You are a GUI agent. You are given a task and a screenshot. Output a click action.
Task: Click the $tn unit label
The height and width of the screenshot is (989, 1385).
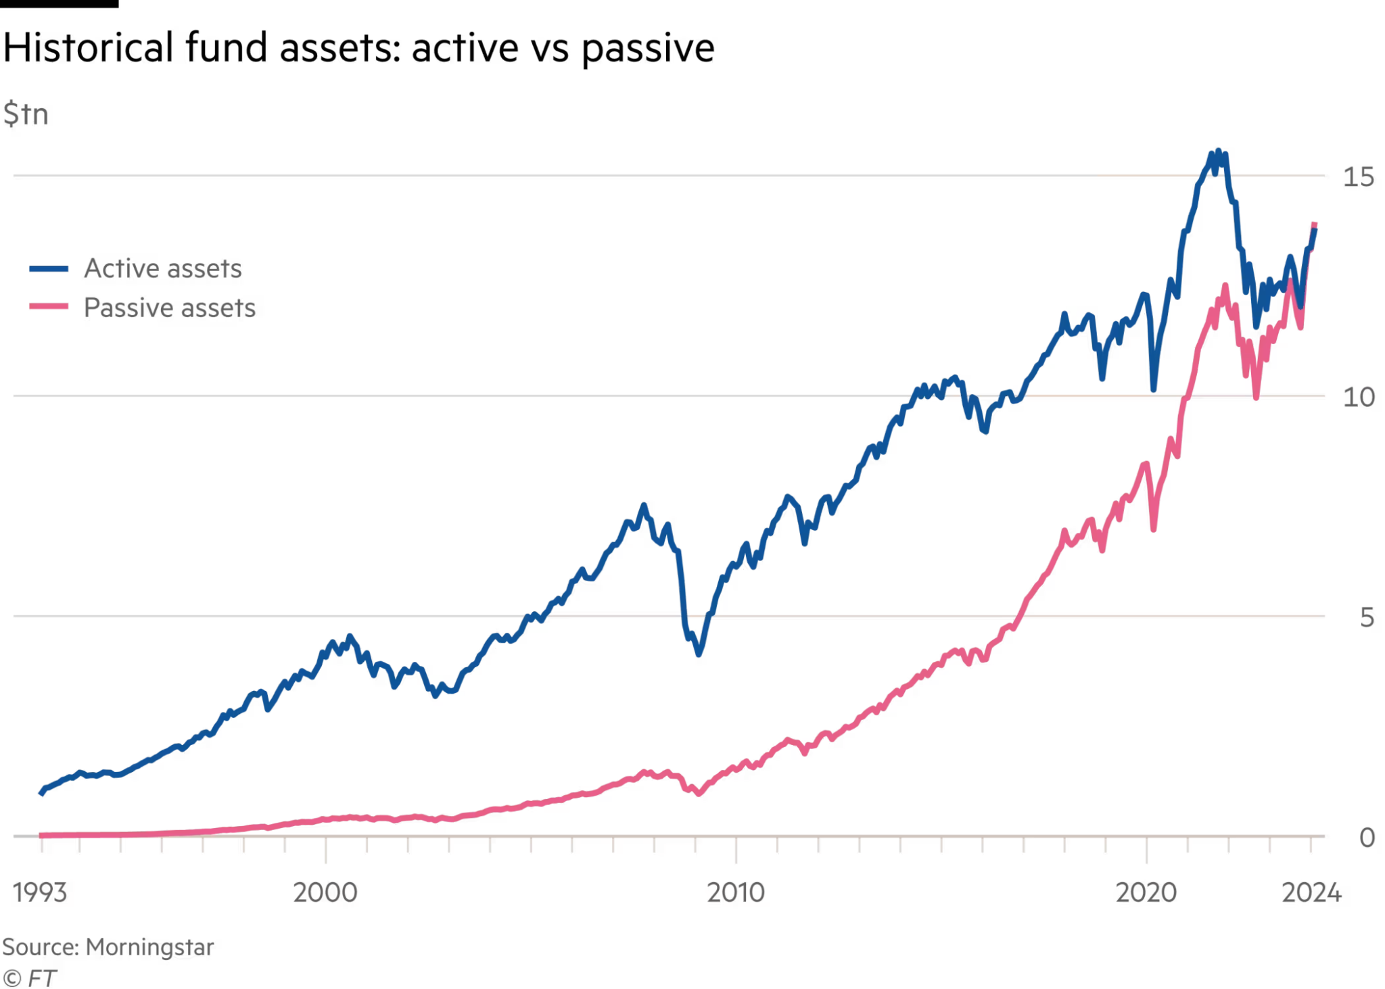(x=26, y=114)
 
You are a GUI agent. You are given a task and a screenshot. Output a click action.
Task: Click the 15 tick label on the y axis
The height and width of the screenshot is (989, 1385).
(x=1358, y=177)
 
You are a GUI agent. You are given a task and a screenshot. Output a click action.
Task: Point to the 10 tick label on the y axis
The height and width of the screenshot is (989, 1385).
(x=1358, y=397)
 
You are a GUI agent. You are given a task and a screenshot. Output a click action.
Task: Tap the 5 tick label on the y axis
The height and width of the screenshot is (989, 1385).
(x=1366, y=617)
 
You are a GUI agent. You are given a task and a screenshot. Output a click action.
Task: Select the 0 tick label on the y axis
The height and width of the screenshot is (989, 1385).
(x=1367, y=838)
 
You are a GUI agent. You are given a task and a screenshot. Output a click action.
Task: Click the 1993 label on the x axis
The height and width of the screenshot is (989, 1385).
(x=41, y=893)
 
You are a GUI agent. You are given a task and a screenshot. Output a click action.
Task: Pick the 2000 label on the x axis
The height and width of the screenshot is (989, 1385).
(x=325, y=893)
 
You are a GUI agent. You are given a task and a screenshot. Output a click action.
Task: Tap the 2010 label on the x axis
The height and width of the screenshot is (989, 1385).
(x=736, y=893)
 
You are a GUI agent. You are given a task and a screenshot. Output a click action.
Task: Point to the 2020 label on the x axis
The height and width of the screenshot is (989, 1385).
(x=1146, y=893)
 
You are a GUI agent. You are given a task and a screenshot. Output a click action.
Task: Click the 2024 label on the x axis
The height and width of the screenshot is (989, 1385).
(x=1311, y=893)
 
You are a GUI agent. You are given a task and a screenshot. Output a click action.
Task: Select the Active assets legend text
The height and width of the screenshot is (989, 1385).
(x=162, y=268)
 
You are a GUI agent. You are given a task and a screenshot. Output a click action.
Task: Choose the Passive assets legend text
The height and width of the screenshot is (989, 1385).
(x=169, y=308)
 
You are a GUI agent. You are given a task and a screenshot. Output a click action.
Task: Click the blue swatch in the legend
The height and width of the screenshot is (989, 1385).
(x=49, y=269)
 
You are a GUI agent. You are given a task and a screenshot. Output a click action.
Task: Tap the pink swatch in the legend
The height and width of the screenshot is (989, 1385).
(x=49, y=307)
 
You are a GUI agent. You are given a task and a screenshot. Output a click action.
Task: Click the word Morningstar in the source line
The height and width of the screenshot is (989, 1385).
(x=149, y=947)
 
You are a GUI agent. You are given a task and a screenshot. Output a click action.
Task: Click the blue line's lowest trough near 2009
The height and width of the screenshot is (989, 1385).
(x=699, y=654)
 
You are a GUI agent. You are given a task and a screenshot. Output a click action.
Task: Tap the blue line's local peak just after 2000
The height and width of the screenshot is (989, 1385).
(x=350, y=637)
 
